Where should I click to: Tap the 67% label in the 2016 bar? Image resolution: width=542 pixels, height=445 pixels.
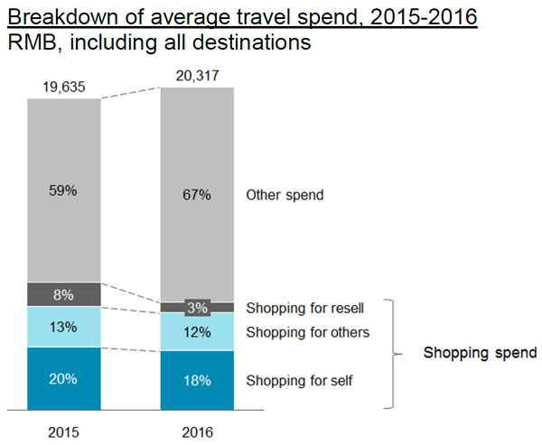tap(196, 194)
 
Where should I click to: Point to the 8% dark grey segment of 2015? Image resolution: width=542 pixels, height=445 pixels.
tap(63, 294)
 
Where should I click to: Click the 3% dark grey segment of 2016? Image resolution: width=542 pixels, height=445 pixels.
tap(196, 308)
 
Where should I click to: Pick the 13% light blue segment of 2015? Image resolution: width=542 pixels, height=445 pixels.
tap(63, 327)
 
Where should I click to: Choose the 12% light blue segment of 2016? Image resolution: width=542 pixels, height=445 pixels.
tap(196, 331)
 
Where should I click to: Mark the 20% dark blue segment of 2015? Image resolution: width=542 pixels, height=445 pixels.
tap(63, 378)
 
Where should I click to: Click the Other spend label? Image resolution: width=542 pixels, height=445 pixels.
tap(285, 194)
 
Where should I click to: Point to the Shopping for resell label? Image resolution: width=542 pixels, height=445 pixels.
tap(306, 309)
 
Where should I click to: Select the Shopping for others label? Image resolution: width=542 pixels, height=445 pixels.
tap(307, 332)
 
